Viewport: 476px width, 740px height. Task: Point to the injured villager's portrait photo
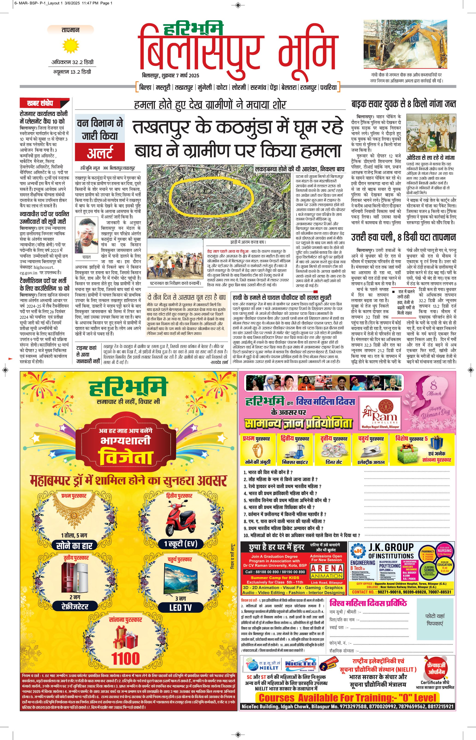87,236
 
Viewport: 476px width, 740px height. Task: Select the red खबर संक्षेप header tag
44,103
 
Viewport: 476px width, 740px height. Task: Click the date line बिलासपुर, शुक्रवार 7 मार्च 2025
170,75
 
